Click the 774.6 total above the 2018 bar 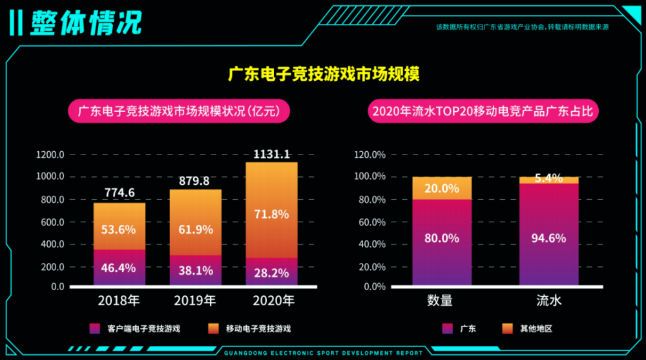pos(120,193)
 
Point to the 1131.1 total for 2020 pos(271,154)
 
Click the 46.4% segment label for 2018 pos(120,268)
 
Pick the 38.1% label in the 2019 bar pos(195,271)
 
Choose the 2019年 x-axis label pos(195,301)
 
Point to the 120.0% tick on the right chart pos(370,155)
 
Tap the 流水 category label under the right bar pos(549,301)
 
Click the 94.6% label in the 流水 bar pos(549,238)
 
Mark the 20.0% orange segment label pos(442,188)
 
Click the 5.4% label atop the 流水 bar pos(549,178)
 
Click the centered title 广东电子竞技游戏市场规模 pos(324,74)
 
